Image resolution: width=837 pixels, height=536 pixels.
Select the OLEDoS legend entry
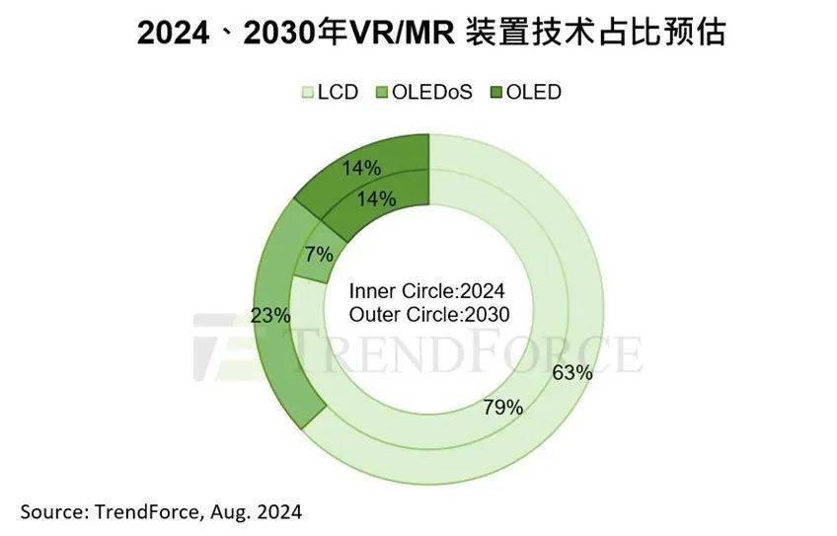(x=423, y=93)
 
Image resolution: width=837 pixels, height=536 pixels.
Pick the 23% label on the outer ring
(x=270, y=316)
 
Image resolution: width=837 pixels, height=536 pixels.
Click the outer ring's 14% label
(x=361, y=167)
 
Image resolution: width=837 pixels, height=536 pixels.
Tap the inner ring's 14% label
(x=376, y=198)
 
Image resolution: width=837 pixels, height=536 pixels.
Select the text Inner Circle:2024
(x=427, y=291)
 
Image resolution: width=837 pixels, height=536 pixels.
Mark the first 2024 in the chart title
(x=176, y=35)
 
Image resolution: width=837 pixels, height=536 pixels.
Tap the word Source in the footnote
(x=49, y=512)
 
